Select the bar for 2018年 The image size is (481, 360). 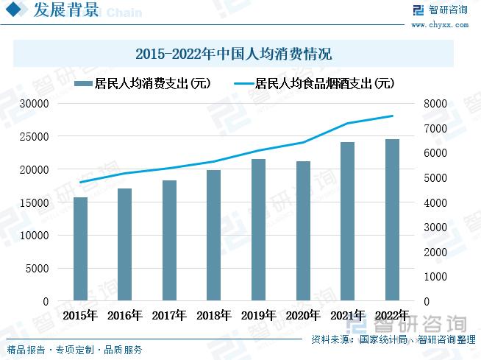pos(213,236)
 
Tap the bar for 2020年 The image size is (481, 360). pos(303,231)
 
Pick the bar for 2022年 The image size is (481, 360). pos(392,220)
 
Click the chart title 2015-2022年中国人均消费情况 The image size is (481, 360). pos(234,54)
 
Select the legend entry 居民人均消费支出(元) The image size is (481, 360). pos(143,83)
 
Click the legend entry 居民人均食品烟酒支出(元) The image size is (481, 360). pos(312,83)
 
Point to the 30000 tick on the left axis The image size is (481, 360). pos(34,104)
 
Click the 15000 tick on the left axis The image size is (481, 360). pos(34,202)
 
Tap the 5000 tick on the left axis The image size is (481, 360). pos(37,269)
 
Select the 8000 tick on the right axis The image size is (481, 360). pos(435,104)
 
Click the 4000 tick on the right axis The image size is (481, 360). pos(435,202)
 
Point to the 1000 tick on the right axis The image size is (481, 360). pos(435,277)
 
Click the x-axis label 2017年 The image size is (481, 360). pos(169,316)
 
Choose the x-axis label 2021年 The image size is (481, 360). pos(347,316)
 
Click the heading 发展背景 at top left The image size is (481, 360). pos(66,10)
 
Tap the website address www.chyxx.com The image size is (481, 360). pos(439,24)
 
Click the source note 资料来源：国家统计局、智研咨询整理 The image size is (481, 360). pos(393,340)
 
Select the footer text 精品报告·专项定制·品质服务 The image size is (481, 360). pos(74,350)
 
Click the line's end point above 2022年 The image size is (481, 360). pos(392,116)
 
